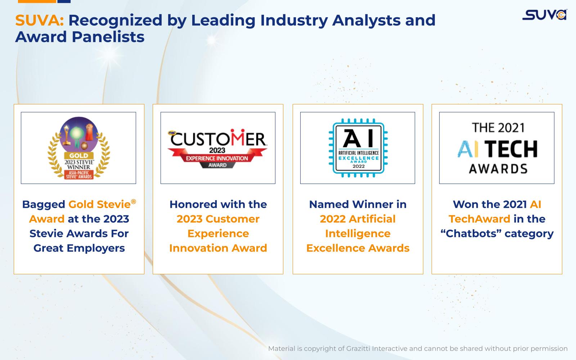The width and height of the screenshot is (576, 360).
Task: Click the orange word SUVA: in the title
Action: pos(39,20)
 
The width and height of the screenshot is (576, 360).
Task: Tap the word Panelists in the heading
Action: pos(108,36)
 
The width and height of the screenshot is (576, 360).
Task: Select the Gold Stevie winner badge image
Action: pos(79,148)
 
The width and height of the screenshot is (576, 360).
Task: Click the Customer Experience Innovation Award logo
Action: pos(217,148)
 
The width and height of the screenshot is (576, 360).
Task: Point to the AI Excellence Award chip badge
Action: pos(358,148)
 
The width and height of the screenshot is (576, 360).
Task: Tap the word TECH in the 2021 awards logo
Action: pos(511,149)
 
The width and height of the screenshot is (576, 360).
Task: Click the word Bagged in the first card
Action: pos(44,205)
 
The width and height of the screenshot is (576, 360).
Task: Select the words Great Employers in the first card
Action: pos(79,248)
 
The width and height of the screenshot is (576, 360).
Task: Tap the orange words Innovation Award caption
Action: pos(218,248)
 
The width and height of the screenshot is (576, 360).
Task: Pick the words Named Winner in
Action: pos(358,204)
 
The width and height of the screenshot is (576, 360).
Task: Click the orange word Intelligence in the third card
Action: pos(358,234)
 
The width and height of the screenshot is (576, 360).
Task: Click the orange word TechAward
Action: pos(479,219)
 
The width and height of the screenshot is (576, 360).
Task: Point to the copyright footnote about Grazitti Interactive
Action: pos(418,349)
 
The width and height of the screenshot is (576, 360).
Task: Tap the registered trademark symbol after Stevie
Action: pos(133,202)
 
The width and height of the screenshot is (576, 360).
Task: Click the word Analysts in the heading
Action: pos(366,21)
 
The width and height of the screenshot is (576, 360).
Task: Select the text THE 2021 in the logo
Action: pos(498,128)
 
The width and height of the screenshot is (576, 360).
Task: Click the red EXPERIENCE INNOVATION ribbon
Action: pos(217,158)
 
